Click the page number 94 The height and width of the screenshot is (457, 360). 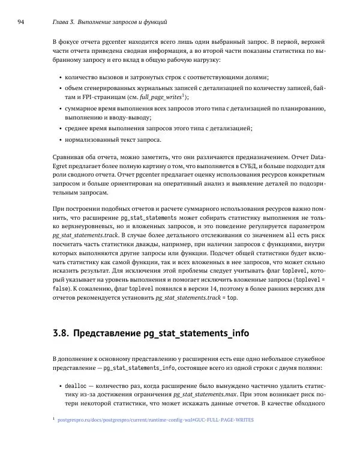click(20, 22)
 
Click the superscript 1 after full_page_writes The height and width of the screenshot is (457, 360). click(183, 94)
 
